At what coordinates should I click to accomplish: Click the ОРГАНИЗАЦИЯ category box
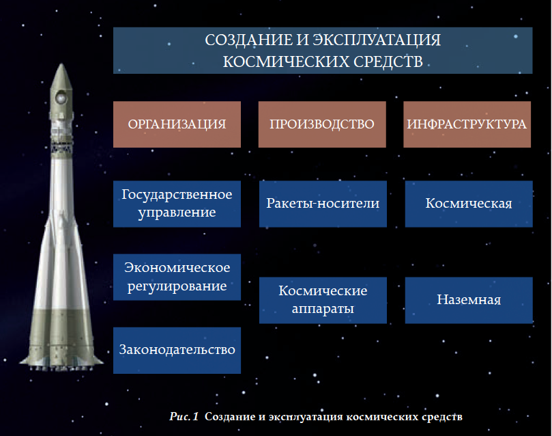[177, 124]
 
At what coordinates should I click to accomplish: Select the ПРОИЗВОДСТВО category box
[322, 124]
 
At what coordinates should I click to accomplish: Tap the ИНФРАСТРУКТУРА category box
[467, 124]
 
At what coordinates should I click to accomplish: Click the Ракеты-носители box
[323, 204]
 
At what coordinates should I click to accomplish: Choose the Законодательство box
[177, 350]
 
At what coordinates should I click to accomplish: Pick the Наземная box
[469, 300]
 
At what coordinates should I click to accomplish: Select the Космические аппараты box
[323, 300]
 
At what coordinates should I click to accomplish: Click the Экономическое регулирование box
[177, 277]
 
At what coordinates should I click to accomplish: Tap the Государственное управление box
[177, 204]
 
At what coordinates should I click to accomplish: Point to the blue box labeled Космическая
[469, 204]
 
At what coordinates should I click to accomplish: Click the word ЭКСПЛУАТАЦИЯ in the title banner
[377, 40]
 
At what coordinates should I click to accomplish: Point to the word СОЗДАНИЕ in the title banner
[248, 40]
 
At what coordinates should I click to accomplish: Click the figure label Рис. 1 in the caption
[184, 416]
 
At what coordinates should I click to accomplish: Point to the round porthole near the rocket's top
[61, 96]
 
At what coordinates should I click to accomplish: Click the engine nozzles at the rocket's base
[61, 368]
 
